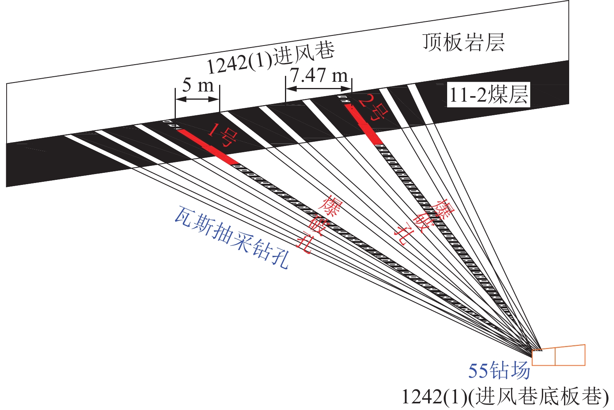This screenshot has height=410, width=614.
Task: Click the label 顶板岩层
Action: pos(464,42)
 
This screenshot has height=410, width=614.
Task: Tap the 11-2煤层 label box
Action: pos(489,95)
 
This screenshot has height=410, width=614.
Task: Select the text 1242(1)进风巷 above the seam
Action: pos(271,58)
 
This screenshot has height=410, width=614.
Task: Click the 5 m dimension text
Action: pos(198,85)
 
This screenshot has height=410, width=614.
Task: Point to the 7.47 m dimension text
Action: pos(319,75)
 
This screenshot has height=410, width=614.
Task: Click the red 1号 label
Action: pos(222,135)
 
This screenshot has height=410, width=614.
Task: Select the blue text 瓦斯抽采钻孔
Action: pos(232,238)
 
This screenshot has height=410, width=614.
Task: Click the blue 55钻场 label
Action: pos(499,370)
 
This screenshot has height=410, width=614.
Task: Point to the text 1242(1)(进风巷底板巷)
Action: pos(505,397)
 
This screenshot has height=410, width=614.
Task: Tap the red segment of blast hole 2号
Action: pos(363,124)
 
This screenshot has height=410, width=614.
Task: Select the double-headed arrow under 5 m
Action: pos(197,99)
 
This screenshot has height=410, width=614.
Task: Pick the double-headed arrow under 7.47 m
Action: pos(319,89)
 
